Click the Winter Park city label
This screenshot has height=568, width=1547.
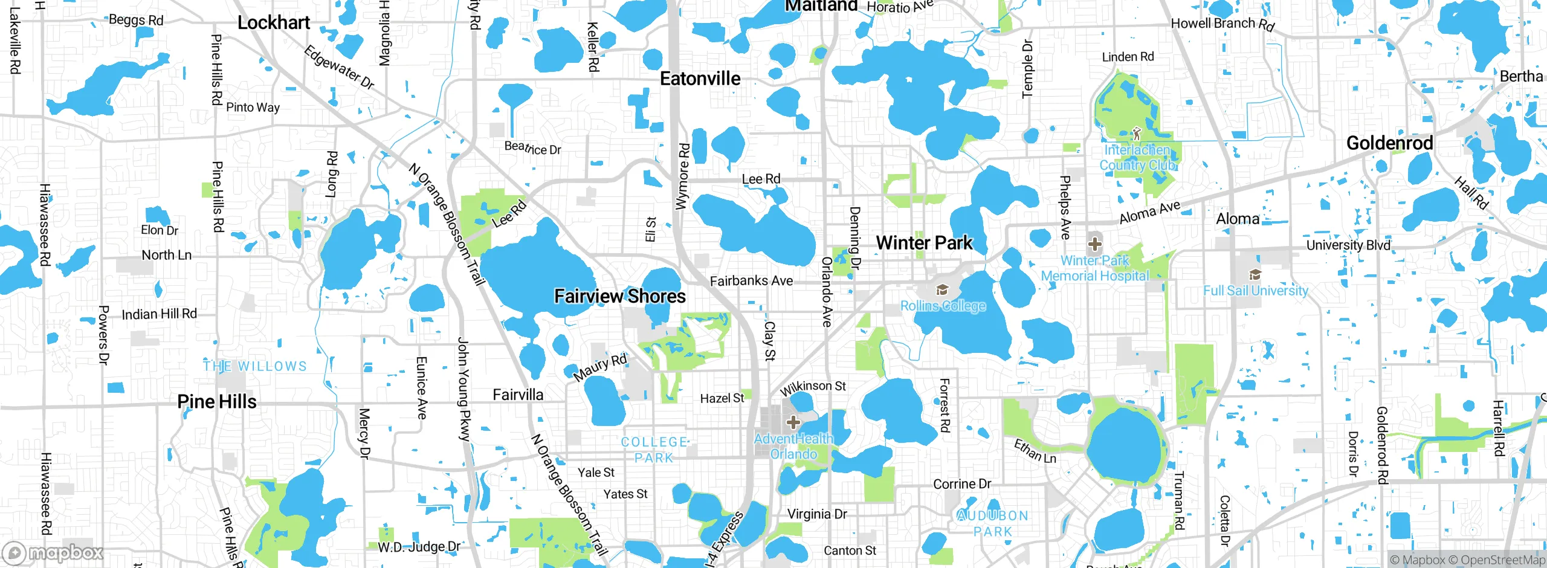(924, 243)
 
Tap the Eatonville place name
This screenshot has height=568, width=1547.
(700, 79)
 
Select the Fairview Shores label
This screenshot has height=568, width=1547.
(620, 296)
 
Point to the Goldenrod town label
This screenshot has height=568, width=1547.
(1389, 143)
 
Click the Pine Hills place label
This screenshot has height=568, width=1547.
(217, 402)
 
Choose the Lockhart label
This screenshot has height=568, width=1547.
(274, 23)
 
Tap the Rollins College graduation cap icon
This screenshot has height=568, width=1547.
(941, 291)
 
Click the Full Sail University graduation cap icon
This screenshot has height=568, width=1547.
(1255, 275)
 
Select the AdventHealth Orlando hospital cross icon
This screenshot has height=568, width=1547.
(793, 422)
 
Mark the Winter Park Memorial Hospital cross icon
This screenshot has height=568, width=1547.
(1094, 245)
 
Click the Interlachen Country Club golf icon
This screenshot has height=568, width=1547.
(1136, 133)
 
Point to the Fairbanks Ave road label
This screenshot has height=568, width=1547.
(751, 281)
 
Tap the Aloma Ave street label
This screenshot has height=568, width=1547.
(1149, 212)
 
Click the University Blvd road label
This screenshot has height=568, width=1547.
(1348, 245)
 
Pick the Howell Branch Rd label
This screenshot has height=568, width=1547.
(1222, 24)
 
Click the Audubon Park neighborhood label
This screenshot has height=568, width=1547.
(993, 523)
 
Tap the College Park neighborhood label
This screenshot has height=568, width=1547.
(654, 450)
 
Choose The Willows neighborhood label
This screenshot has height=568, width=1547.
(255, 366)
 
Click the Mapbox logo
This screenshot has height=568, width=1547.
(53, 552)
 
